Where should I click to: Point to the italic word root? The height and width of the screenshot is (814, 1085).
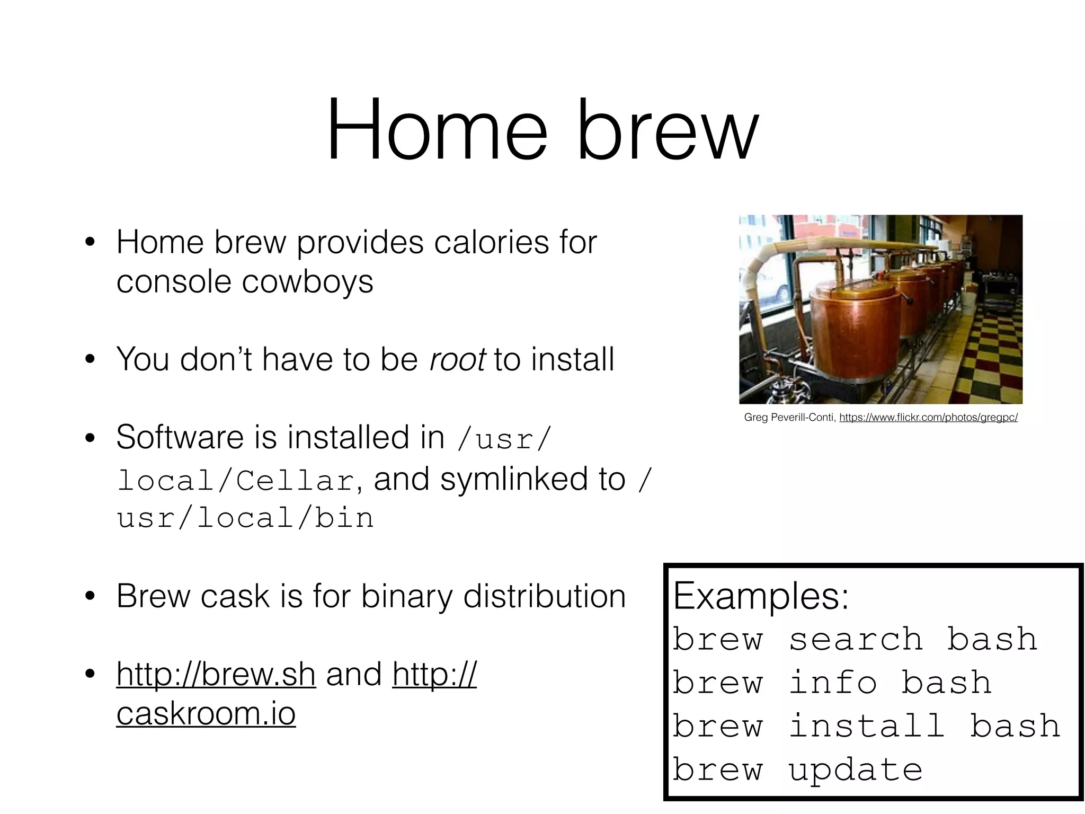(457, 359)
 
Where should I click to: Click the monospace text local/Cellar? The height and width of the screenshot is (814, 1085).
(236, 481)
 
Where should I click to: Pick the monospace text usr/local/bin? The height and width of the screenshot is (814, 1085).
(245, 518)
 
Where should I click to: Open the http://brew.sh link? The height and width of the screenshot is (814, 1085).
(216, 674)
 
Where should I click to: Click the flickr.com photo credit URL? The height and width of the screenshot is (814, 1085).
(928, 418)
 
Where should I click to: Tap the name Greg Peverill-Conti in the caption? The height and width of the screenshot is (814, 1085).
(789, 418)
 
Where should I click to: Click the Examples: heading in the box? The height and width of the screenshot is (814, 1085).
(761, 596)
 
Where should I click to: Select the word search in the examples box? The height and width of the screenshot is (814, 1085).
(856, 639)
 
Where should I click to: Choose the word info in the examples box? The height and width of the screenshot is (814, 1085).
(832, 683)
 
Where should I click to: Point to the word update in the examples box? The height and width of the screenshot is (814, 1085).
(855, 770)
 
